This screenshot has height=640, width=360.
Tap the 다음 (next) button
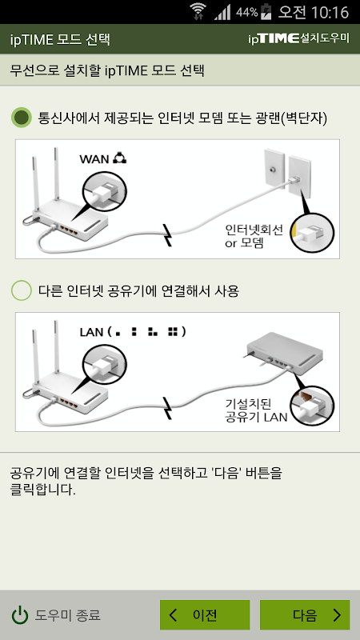click(x=305, y=614)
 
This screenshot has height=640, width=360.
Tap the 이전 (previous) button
click(x=205, y=614)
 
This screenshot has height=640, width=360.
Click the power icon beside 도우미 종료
click(x=19, y=615)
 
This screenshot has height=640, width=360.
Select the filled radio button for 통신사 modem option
click(x=22, y=118)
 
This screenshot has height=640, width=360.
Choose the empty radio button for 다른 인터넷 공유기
click(x=22, y=290)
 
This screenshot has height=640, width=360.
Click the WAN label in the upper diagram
click(x=94, y=158)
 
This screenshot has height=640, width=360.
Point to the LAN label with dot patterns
click(x=133, y=332)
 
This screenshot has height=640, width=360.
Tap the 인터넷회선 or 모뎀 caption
click(x=248, y=236)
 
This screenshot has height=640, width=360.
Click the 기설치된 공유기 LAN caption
click(x=256, y=410)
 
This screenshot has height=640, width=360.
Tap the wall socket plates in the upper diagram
click(x=287, y=173)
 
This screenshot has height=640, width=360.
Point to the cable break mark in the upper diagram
click(x=167, y=235)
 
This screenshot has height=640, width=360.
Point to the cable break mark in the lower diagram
click(x=167, y=409)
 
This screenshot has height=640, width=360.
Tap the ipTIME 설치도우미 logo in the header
click(x=298, y=38)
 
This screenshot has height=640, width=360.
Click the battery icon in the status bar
click(x=266, y=12)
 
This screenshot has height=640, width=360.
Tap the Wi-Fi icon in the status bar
click(x=198, y=11)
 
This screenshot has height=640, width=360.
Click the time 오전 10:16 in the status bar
click(x=314, y=12)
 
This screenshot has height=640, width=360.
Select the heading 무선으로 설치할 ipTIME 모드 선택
click(x=107, y=70)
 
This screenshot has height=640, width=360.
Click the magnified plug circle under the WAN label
click(x=105, y=190)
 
